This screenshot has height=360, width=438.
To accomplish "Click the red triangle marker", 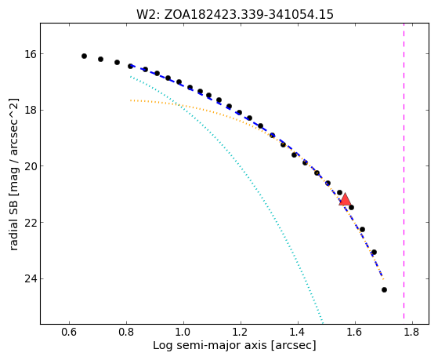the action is coord(345,199).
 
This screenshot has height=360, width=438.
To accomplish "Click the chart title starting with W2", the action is coord(235,14).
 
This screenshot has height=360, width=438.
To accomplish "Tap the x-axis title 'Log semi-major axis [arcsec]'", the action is coord(234,345).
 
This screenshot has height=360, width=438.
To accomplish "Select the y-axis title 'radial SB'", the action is coord(13,174).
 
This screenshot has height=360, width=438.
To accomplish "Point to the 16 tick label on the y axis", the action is coord(30,53).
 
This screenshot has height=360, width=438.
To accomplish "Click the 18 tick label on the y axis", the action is coord(30,110).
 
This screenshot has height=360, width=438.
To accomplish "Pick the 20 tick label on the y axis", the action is coord(30,166).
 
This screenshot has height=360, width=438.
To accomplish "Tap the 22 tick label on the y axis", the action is coord(30,223).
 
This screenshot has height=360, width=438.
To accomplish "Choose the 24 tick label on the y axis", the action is coord(30,279).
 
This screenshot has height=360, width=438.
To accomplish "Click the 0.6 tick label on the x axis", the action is coord(69,333).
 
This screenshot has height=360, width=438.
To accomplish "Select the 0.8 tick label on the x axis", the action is coord(126,333).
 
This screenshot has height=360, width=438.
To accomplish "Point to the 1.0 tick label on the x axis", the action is coord(183,333).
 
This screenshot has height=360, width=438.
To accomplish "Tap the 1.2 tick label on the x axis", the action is coord(241,333).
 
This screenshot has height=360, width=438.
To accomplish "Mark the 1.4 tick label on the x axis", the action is coord(298,333).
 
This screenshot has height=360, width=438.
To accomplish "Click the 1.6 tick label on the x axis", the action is coord(355,333).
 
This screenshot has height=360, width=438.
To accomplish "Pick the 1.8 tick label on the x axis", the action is coord(412,333).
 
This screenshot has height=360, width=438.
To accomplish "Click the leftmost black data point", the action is coord(84,56).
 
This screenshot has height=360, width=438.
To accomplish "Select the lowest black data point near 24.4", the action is coord(384,289).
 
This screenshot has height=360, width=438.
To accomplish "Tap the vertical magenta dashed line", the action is coord(404,171).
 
